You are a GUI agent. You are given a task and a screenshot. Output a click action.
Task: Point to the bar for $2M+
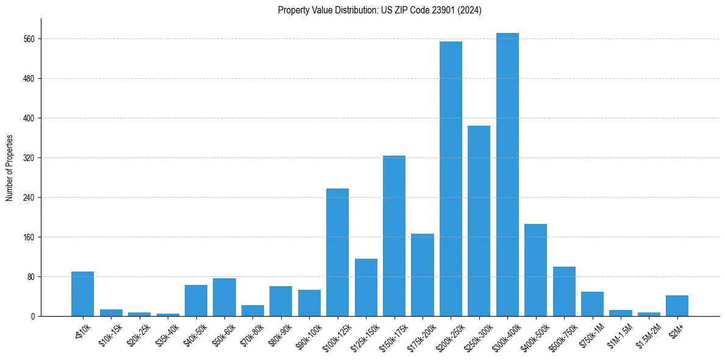click(677, 306)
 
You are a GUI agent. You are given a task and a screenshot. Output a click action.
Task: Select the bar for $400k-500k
click(535, 270)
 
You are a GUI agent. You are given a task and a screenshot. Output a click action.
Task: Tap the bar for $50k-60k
click(224, 297)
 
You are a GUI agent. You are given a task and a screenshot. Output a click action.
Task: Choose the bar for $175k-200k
click(422, 275)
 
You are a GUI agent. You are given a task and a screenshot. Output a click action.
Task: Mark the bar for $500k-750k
click(564, 291)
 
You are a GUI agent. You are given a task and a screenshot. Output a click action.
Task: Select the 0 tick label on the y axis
click(33, 317)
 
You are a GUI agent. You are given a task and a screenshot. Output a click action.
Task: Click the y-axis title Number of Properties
click(9, 168)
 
